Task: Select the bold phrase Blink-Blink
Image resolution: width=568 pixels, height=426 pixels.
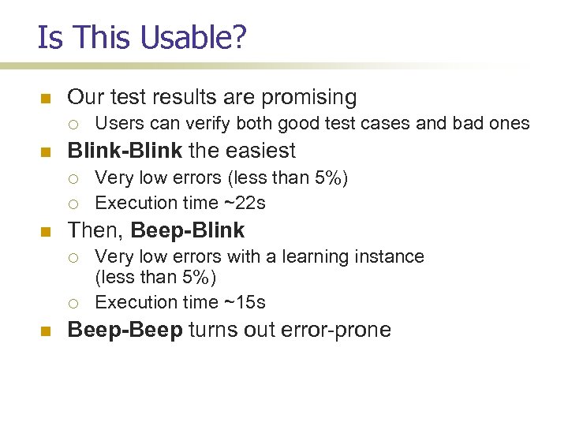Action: [125, 151]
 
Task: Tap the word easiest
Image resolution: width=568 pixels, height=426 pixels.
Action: [259, 151]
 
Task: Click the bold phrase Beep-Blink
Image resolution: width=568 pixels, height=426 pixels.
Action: [188, 230]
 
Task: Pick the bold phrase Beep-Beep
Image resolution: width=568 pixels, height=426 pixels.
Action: [125, 329]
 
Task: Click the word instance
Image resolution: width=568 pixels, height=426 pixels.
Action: [394, 256]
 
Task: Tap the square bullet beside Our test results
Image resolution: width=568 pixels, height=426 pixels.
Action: [45, 99]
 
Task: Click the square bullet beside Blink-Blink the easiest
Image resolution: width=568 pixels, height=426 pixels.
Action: [45, 151]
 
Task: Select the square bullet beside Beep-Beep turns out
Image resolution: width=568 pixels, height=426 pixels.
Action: [45, 330]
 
